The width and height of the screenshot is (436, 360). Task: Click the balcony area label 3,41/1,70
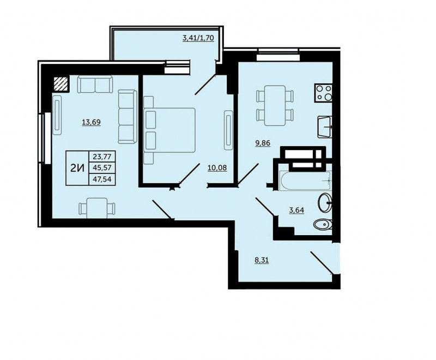(x=198, y=38)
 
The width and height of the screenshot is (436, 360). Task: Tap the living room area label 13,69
(x=91, y=122)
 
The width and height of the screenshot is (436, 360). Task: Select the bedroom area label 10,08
(x=217, y=168)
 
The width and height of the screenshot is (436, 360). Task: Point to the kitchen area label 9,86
(x=263, y=143)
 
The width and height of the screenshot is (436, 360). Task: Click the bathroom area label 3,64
(x=296, y=210)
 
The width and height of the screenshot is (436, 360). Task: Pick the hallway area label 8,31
(x=262, y=260)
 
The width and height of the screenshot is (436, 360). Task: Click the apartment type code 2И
(x=77, y=168)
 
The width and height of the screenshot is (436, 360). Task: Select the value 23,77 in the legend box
(x=102, y=157)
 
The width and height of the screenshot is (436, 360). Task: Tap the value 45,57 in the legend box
(x=102, y=168)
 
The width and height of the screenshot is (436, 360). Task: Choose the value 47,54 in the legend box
(x=102, y=179)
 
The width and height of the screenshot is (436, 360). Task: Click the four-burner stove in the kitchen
(x=323, y=93)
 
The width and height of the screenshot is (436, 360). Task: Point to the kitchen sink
(x=325, y=127)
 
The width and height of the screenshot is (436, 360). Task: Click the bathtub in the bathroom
(x=305, y=181)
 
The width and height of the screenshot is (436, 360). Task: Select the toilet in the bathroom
(x=323, y=224)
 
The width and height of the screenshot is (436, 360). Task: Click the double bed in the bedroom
(x=169, y=130)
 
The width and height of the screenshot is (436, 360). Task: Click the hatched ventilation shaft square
(x=61, y=83)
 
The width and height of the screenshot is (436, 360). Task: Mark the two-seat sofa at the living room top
(x=95, y=84)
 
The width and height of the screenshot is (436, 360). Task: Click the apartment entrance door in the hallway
(x=322, y=263)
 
